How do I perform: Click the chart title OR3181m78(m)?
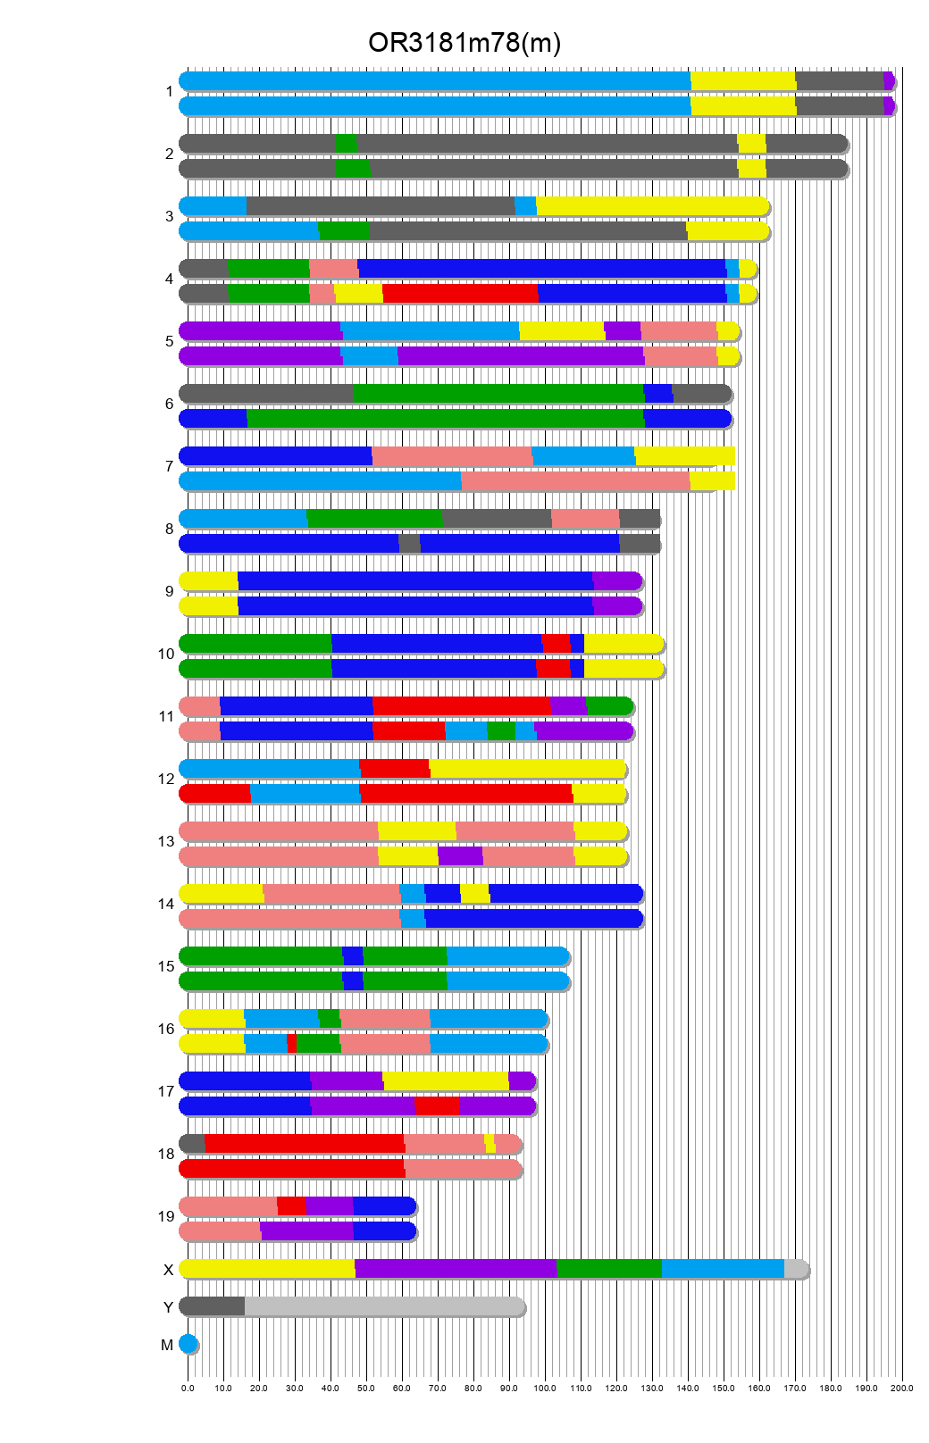pyautogui.click(x=464, y=43)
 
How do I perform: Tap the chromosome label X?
pyautogui.click(x=168, y=1270)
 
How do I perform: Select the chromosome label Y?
pyautogui.click(x=168, y=1307)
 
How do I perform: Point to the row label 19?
pyautogui.click(x=166, y=1216)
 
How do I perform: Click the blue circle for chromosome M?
pyautogui.click(x=188, y=1344)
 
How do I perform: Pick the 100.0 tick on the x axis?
pyautogui.click(x=545, y=1389)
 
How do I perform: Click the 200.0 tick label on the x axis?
pyautogui.click(x=902, y=1389)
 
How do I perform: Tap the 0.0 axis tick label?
pyautogui.click(x=188, y=1389)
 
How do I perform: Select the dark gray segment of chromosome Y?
pyautogui.click(x=213, y=1306)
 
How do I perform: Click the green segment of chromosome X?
pyautogui.click(x=609, y=1269)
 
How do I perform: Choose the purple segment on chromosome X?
pyautogui.click(x=456, y=1269)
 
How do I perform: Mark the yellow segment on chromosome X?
pyautogui.click(x=267, y=1269)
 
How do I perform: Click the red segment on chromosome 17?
pyautogui.click(x=437, y=1106)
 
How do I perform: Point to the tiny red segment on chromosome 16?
pyautogui.click(x=291, y=1044)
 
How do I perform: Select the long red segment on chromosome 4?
pyautogui.click(x=460, y=294)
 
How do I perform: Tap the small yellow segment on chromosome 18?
pyautogui.click(x=490, y=1144)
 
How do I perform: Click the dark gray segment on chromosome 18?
pyautogui.click(x=193, y=1144)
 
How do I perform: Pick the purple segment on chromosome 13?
pyautogui.click(x=460, y=856)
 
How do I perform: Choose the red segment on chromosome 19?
pyautogui.click(x=291, y=1206)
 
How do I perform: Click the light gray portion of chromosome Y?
pyautogui.click(x=384, y=1306)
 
